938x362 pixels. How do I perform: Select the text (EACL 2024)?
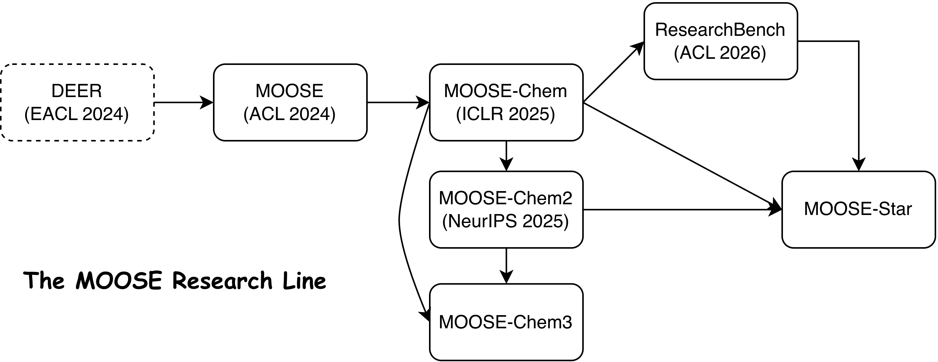click(x=77, y=114)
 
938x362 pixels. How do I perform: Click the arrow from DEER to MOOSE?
click(x=182, y=103)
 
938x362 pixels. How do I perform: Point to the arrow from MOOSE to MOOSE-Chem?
click(x=397, y=103)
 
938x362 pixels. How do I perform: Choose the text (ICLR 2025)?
click(x=505, y=114)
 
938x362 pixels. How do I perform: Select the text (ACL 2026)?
click(x=720, y=53)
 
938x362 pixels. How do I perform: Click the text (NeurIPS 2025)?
click(x=505, y=221)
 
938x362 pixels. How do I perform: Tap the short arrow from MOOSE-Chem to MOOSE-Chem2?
click(x=506, y=155)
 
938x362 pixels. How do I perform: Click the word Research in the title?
click(x=222, y=281)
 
